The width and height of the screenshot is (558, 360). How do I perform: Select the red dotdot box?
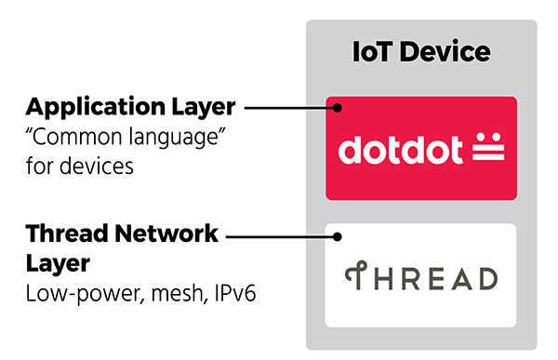[x=421, y=147]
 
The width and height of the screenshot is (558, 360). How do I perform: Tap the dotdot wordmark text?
[x=398, y=149]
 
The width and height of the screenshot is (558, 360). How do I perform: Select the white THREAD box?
[x=421, y=274]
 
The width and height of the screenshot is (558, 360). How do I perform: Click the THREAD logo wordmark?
[x=420, y=277]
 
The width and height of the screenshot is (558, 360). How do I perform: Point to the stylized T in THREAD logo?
[x=351, y=277]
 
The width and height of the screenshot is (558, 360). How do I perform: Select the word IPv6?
[x=232, y=296]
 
